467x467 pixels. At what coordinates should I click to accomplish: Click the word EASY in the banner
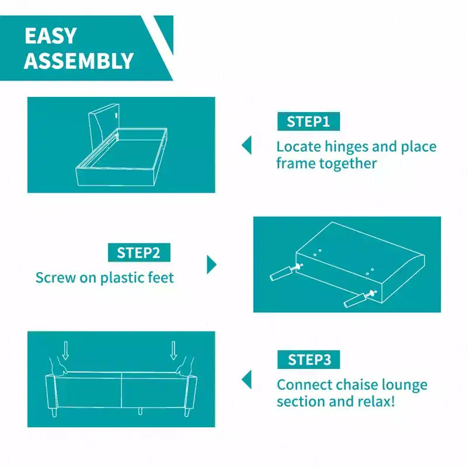pyautogui.click(x=51, y=36)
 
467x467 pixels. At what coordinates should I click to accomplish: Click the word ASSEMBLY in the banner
pyautogui.click(x=79, y=61)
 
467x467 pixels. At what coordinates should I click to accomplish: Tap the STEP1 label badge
pyautogui.click(x=308, y=121)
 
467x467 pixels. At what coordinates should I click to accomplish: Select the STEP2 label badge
pyautogui.click(x=139, y=253)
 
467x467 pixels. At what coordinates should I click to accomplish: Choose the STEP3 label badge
pyautogui.click(x=308, y=360)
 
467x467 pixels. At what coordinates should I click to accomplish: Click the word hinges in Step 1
pyautogui.click(x=346, y=147)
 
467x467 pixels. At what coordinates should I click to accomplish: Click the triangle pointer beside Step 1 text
pyautogui.click(x=247, y=145)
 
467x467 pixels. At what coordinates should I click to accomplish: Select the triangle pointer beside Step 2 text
pyautogui.click(x=211, y=264)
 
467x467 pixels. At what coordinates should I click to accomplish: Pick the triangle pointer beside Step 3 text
pyautogui.click(x=247, y=379)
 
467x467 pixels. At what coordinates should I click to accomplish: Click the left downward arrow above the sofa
pyautogui.click(x=65, y=350)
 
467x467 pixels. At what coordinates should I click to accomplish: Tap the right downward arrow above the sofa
pyautogui.click(x=173, y=350)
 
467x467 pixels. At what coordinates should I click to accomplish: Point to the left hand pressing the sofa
pyautogui.click(x=58, y=368)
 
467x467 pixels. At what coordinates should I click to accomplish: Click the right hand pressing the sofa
pyautogui.click(x=184, y=367)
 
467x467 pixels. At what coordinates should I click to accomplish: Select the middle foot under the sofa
pyautogui.click(x=140, y=412)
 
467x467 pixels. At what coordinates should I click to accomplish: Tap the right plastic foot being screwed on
pyautogui.click(x=355, y=300)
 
